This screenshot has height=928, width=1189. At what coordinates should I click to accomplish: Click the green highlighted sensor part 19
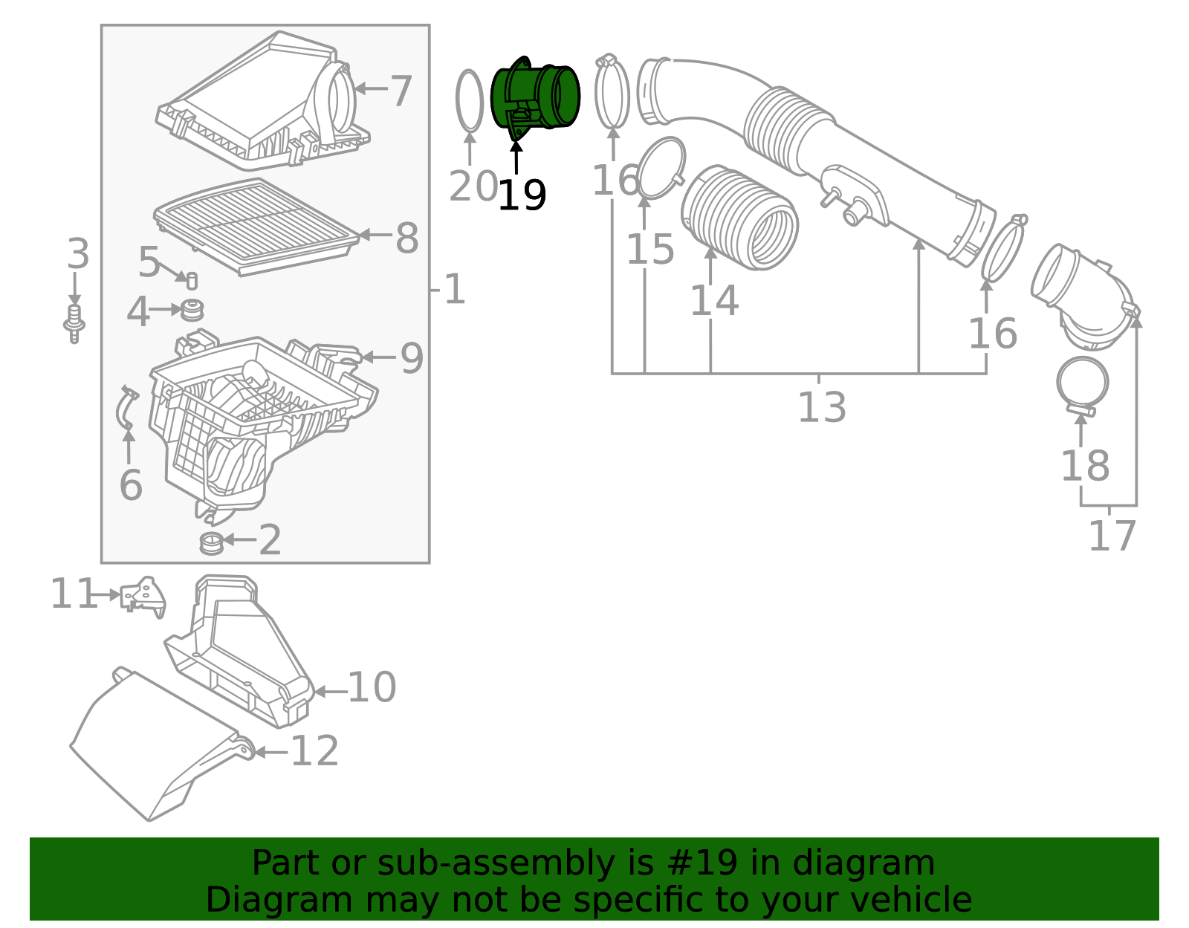[x=535, y=97]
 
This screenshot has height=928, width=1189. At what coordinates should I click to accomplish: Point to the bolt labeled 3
[x=74, y=324]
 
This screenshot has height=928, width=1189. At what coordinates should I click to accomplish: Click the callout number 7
[x=401, y=91]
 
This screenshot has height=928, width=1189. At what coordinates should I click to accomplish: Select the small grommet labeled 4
[x=192, y=309]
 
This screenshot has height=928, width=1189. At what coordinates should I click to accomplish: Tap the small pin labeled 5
[x=191, y=281]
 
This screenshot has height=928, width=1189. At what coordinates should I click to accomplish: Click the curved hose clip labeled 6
[x=126, y=409]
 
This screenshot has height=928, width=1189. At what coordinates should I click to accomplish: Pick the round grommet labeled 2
[x=211, y=543]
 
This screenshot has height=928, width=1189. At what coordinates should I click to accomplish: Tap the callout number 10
[x=372, y=687]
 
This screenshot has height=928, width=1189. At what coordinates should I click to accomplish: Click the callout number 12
[x=314, y=751]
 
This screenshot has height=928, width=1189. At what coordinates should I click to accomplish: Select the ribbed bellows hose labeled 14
[x=739, y=217]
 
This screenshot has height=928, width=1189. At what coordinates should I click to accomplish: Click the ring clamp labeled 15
[x=661, y=168]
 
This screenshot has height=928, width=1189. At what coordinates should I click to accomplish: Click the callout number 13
[x=821, y=407]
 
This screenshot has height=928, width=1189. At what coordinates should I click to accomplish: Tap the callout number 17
[x=1112, y=536]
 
